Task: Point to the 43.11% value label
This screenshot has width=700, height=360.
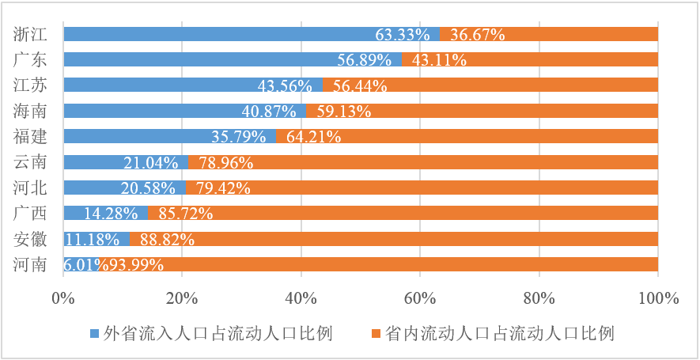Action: click(x=434, y=60)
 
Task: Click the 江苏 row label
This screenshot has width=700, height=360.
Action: click(x=30, y=85)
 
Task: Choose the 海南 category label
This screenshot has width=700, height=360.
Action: click(x=30, y=111)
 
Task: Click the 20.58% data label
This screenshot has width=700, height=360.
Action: click(x=154, y=188)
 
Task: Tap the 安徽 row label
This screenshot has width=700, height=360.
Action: click(x=30, y=238)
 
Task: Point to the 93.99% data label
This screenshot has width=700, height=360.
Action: click(x=137, y=264)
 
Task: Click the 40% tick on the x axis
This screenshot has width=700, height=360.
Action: click(x=301, y=298)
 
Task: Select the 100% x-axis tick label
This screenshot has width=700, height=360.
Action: click(x=658, y=298)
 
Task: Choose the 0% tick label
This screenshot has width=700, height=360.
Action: click(x=63, y=298)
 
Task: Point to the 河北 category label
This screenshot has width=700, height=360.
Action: click(x=30, y=188)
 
